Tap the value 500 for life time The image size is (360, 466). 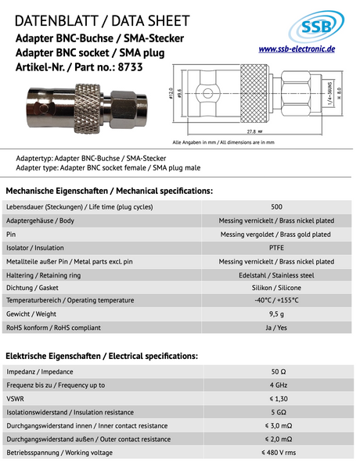point(276,207)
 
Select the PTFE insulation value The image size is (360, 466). point(276,247)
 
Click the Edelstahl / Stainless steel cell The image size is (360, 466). point(276,274)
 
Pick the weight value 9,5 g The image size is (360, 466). point(276,314)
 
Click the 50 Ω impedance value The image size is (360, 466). point(276,372)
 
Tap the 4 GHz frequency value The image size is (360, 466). point(276,385)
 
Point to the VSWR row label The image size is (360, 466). point(15,399)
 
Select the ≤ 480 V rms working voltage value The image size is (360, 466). point(278,453)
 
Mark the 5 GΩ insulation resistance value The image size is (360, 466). point(276,412)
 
